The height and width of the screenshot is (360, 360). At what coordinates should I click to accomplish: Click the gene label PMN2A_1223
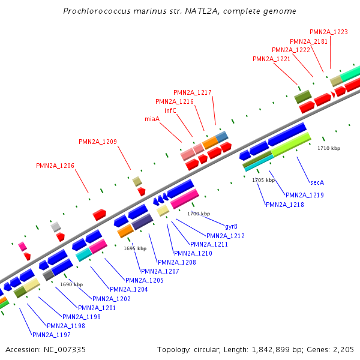[329, 32]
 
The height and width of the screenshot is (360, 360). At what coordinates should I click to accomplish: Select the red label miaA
[152, 119]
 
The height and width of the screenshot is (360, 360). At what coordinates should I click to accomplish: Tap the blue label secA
[317, 182]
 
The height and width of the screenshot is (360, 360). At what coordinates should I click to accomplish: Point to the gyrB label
[231, 226]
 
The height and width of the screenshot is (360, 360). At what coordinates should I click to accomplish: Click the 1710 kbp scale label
[329, 148]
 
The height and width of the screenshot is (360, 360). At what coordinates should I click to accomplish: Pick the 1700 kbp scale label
[199, 214]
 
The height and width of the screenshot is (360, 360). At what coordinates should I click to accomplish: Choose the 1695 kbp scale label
[135, 248]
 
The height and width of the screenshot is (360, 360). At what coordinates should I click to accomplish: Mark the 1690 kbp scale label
[71, 284]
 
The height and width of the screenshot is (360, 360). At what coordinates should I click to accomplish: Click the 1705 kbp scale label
[263, 180]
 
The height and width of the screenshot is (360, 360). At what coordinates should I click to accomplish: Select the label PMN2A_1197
[52, 335]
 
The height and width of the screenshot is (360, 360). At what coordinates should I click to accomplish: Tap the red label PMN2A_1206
[55, 165]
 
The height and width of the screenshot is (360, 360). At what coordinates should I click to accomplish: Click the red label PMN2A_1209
[98, 142]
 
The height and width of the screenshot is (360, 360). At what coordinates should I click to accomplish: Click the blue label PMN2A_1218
[285, 205]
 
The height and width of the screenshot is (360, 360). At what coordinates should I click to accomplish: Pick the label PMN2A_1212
[226, 236]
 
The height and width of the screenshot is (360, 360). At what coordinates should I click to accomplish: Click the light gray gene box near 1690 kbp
[56, 226]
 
